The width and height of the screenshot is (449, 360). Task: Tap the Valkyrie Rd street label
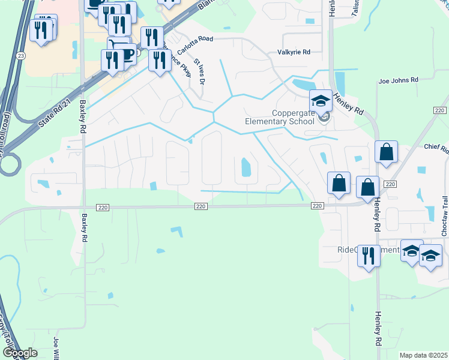[294, 52]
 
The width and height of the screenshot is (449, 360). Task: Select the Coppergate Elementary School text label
[279, 117]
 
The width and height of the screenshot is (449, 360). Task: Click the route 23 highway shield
[21, 56]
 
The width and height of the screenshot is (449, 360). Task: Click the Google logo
[19, 353]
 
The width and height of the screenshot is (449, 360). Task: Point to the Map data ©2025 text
[423, 355]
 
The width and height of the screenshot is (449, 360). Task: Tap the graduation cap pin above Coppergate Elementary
[321, 101]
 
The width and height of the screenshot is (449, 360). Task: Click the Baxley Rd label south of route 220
[85, 227]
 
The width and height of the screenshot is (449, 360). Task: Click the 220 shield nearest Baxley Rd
[102, 207]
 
